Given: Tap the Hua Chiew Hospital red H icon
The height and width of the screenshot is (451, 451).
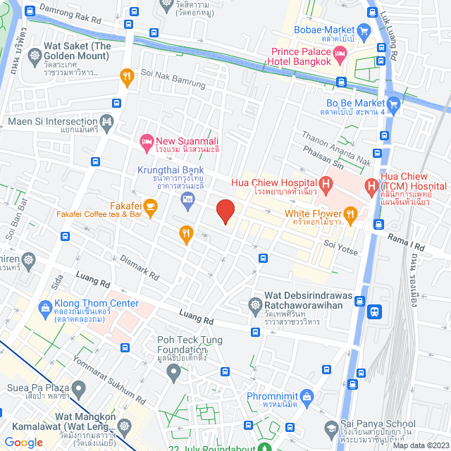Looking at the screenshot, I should click(x=326, y=185).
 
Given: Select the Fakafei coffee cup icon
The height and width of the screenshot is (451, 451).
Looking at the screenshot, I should click(x=150, y=206).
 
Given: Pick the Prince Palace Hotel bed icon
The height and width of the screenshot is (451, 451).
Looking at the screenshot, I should click(x=340, y=54).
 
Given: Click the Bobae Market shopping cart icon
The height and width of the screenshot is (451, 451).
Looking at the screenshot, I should click(x=364, y=30).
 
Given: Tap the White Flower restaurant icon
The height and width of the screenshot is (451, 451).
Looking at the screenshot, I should click(x=350, y=214).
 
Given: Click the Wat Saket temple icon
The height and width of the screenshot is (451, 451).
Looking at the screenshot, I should click(x=35, y=55).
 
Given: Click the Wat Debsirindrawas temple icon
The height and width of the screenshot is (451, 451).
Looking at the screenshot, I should click(x=254, y=305).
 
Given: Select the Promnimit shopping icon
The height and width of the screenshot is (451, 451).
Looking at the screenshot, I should click(x=306, y=397).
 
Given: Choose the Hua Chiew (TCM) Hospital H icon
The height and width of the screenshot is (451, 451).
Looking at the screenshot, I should click(x=371, y=185).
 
